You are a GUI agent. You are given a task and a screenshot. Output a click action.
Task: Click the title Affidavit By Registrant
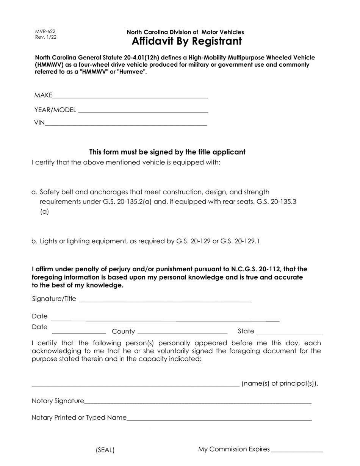coord(186,41)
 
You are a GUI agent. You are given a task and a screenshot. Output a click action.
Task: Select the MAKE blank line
coord(130,97)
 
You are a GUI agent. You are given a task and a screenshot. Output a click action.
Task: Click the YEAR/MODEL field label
coord(55,110)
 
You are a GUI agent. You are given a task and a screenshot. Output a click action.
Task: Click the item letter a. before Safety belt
coord(34,192)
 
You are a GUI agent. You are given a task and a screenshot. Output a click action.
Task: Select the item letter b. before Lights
coord(34,241)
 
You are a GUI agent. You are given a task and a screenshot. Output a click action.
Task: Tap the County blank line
coord(182,332)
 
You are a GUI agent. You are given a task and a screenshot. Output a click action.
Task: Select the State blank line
coord(290,332)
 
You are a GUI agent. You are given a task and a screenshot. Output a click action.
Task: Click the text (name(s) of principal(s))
coord(280,383)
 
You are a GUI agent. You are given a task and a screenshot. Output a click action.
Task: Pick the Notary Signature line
coord(197,402)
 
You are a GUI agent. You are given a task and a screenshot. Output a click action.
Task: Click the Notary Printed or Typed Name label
coord(79,418)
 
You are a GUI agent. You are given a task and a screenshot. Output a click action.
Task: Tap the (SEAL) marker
coord(105,450)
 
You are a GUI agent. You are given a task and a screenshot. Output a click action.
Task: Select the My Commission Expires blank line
coord(297,451)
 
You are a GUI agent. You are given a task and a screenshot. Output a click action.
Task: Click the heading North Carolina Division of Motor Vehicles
coord(185,32)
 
